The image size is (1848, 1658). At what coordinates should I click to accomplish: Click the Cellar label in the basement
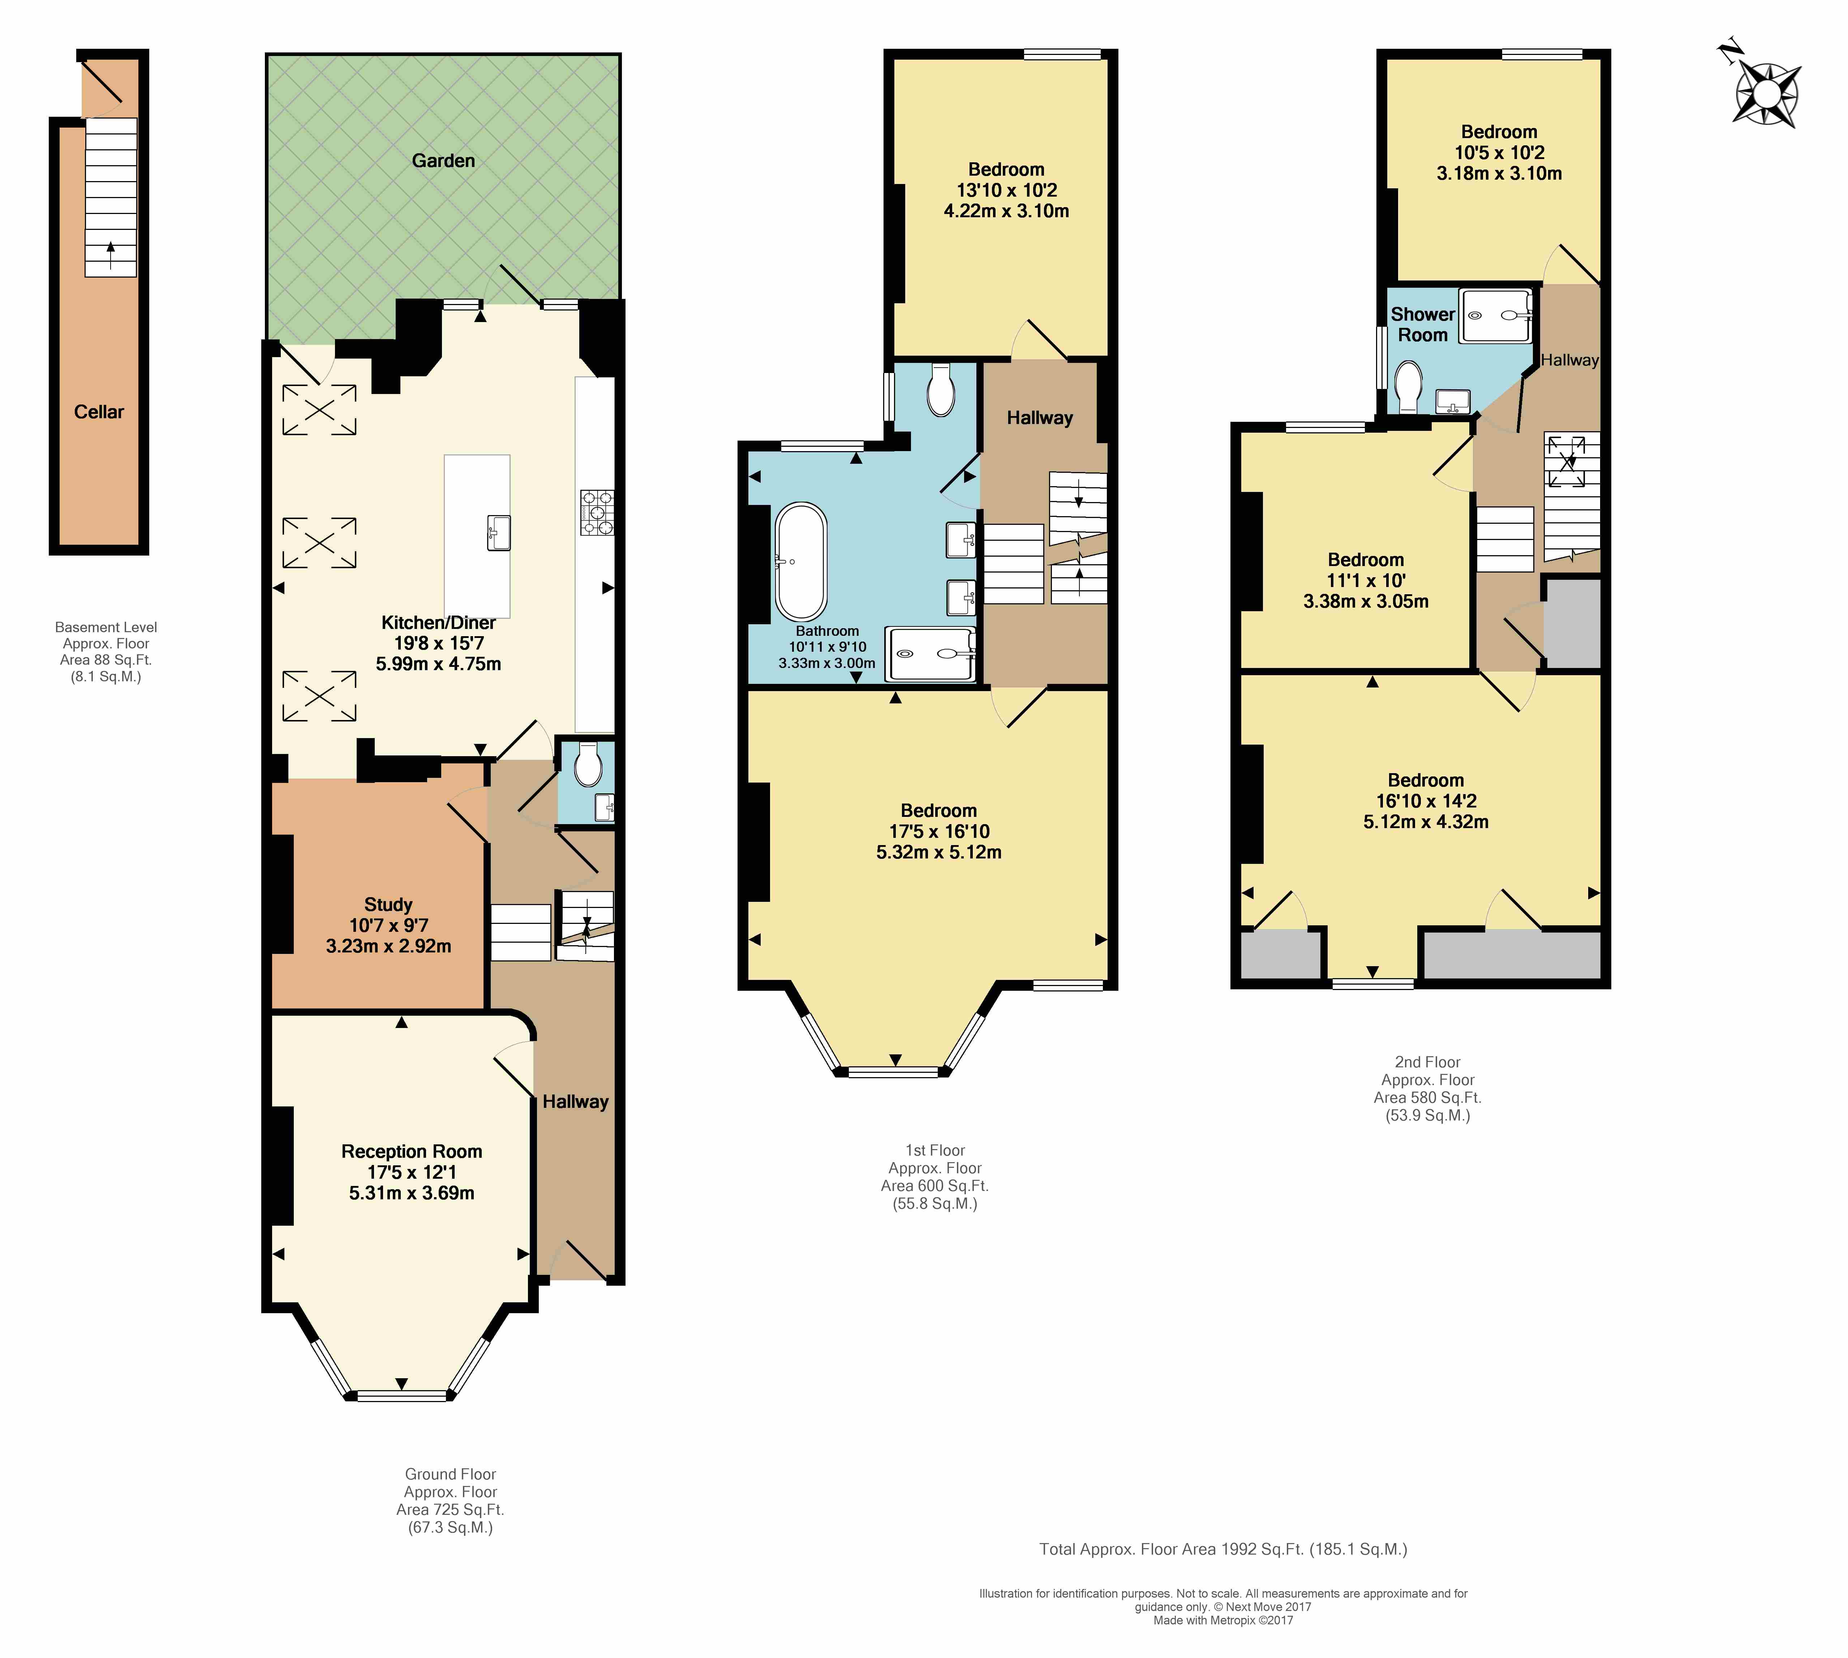click(98, 412)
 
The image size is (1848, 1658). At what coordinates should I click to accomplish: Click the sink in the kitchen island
click(499, 533)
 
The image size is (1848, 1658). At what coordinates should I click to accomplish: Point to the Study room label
click(388, 905)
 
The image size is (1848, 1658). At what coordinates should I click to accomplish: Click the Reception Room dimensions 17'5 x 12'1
click(412, 1173)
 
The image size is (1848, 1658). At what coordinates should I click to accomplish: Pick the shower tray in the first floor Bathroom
click(931, 654)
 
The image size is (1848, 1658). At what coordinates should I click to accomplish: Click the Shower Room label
click(1423, 324)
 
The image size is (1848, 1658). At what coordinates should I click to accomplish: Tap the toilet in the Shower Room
click(1408, 387)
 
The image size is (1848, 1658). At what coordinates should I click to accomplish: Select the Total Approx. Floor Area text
click(1223, 1549)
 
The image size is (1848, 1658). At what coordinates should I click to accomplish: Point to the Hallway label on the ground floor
click(576, 1101)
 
